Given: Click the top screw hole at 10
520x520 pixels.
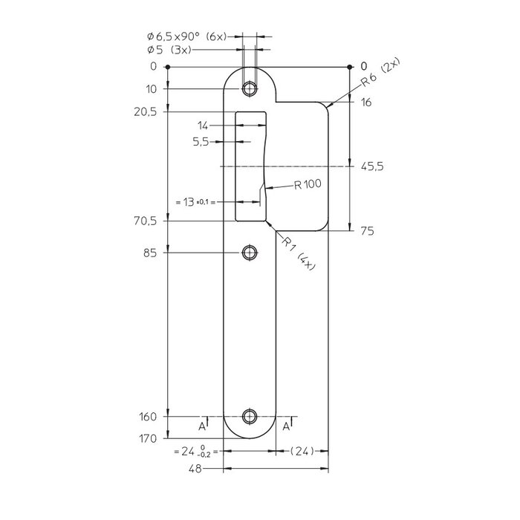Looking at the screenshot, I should tap(250, 89).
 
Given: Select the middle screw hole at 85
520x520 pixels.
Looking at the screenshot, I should tap(250, 253).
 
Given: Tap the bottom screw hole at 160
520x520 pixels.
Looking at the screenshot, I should tap(250, 417).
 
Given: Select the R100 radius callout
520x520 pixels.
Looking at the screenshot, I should tap(307, 185).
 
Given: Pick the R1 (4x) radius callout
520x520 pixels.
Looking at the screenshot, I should tap(296, 253).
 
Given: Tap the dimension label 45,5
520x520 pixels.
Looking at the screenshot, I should tap(371, 167).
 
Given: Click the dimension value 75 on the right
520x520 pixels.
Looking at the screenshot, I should tap(366, 231).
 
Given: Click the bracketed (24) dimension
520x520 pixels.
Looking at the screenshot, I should tap(302, 450).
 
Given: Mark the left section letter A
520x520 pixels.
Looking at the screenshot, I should tap(201, 426).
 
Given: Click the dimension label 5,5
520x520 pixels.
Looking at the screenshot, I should tap(201, 141).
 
